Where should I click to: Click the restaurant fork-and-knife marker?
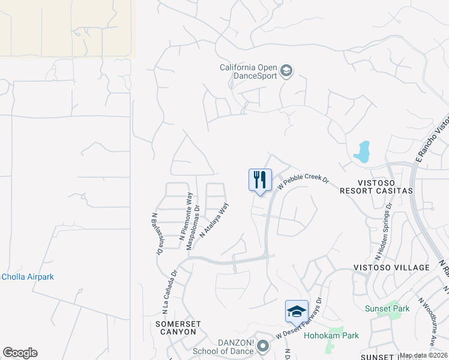tap(260, 180)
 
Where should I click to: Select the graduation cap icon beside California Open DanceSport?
tap(286, 71)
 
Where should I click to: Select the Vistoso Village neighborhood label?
tap(400, 268)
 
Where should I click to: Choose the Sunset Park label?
tap(387, 308)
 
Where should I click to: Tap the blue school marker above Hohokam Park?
tap(297, 311)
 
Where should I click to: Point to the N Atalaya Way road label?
tap(214, 220)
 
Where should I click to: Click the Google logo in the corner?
tap(20, 353)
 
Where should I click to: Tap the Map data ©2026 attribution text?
tap(423, 355)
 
